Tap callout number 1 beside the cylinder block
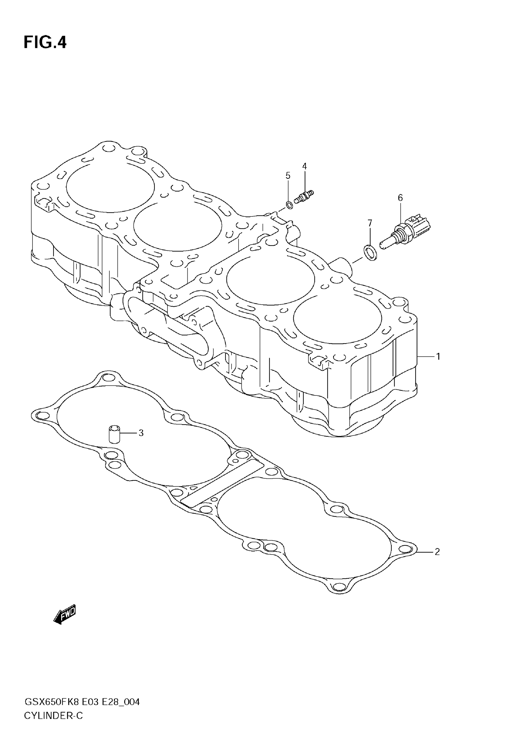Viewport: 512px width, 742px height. coord(438,356)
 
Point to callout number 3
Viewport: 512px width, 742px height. coord(141,433)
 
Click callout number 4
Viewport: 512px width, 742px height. coord(304,166)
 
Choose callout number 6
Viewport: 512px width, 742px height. coord(400,198)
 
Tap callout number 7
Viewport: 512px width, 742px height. coord(370,223)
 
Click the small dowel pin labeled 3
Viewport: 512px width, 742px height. coord(114,434)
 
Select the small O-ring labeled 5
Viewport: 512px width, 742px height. coord(289,204)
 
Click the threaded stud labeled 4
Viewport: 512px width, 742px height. coord(304,197)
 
